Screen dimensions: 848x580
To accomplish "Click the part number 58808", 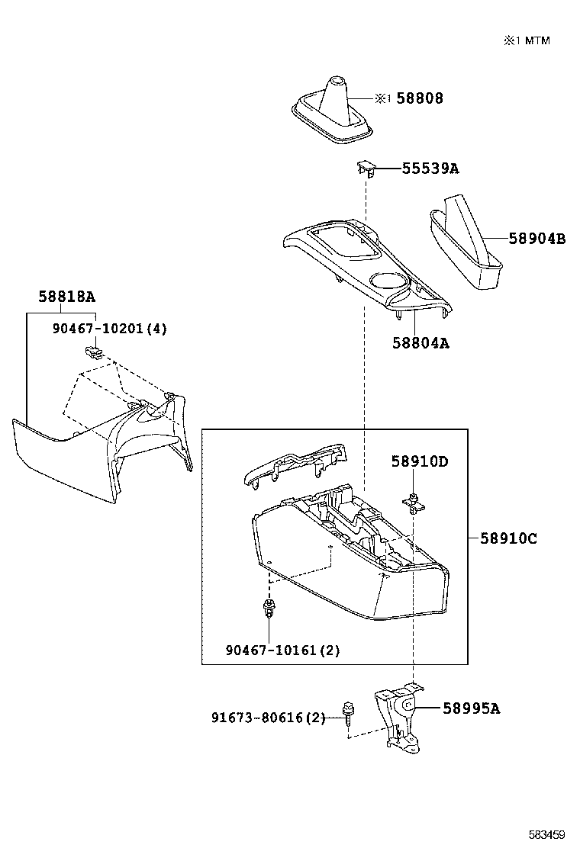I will [x=419, y=98].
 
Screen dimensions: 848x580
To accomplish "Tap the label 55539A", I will [x=430, y=169].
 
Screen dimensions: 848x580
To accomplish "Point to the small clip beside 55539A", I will [x=366, y=168].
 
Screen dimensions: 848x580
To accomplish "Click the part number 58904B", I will [x=536, y=239].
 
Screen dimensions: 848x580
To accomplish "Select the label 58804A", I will [x=420, y=343].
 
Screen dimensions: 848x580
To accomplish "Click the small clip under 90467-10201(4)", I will [x=93, y=352].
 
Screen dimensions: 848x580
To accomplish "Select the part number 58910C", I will [x=508, y=538].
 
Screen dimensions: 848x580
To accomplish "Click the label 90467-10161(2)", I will [x=282, y=650].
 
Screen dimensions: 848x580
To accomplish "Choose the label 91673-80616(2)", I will [x=268, y=718].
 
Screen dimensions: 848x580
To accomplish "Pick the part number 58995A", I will [x=471, y=708].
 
